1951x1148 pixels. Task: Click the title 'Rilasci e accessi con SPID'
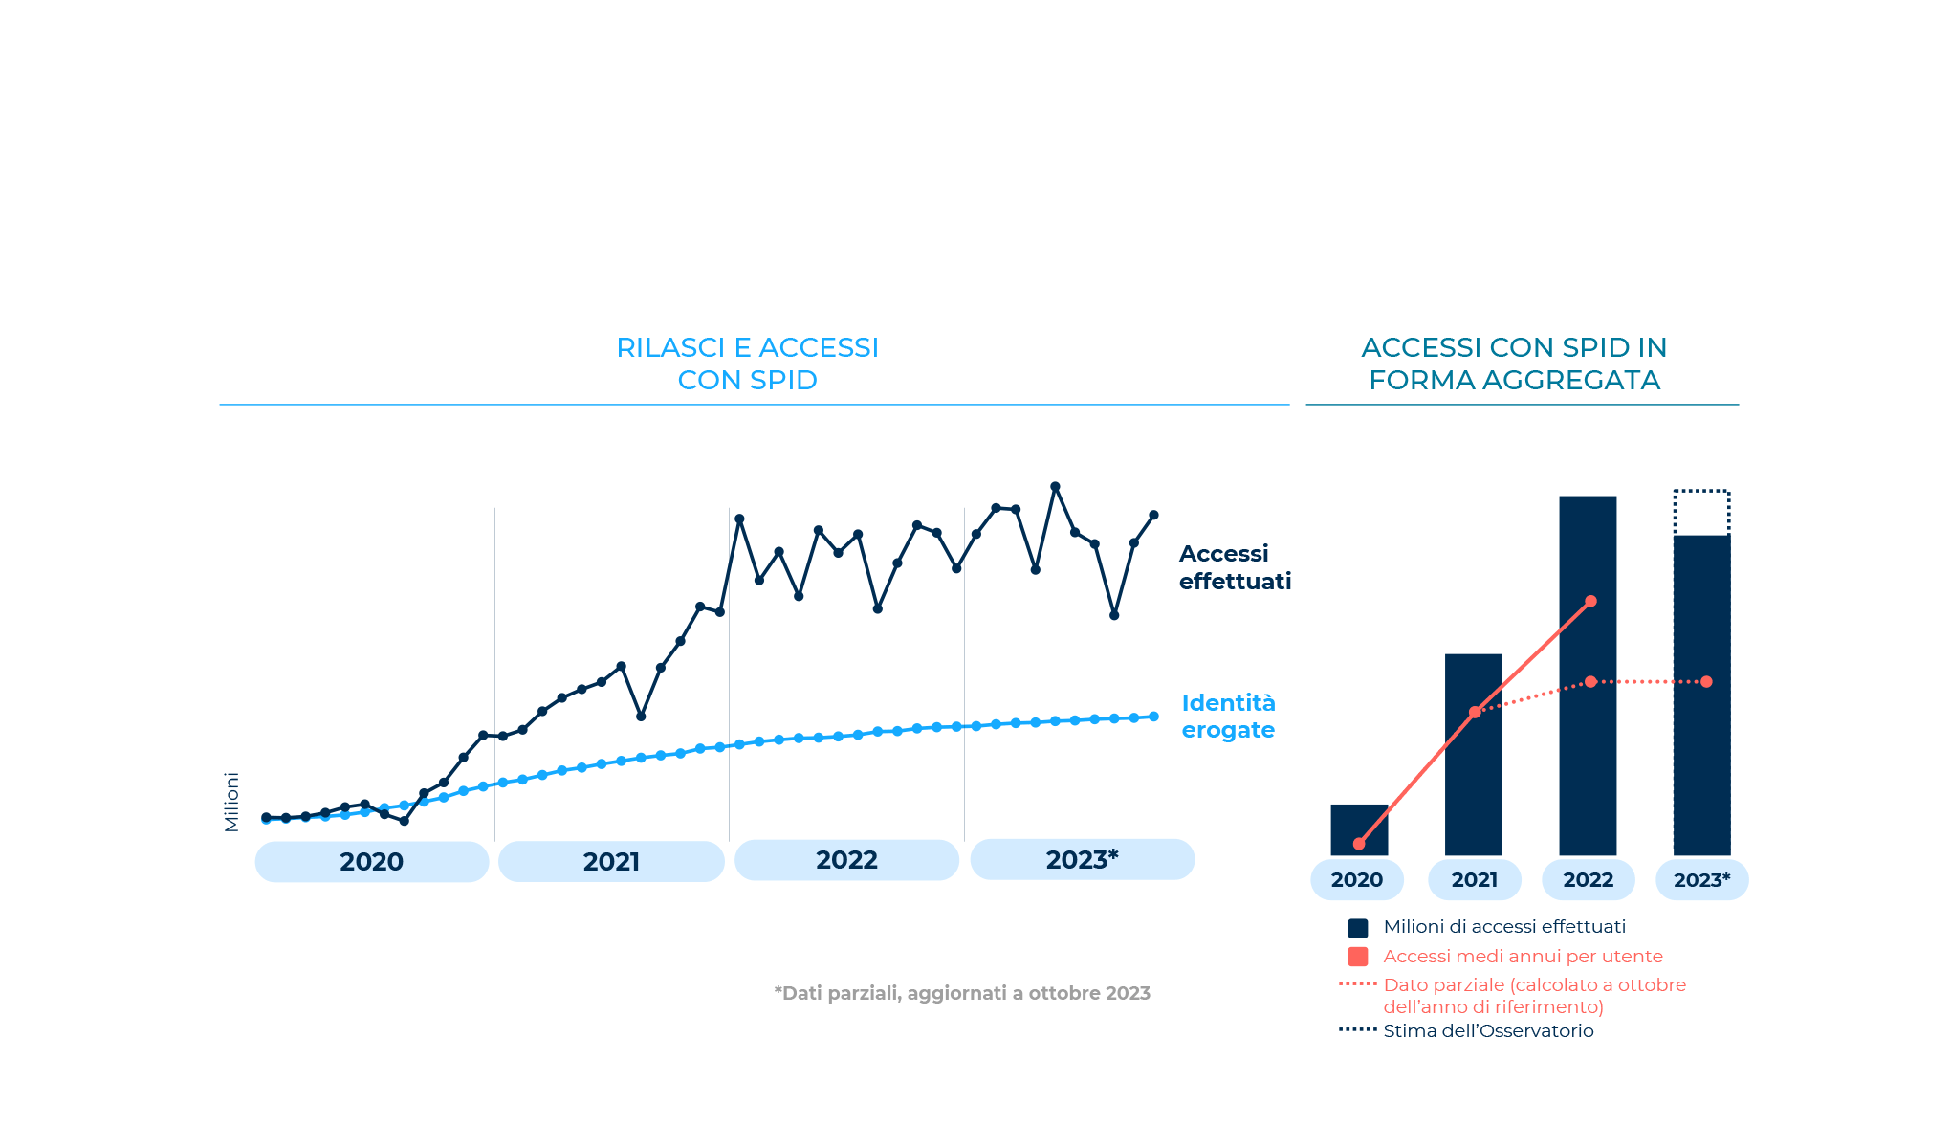tap(747, 364)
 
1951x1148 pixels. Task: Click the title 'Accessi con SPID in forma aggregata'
tap(1514, 364)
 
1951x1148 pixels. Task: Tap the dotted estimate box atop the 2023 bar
tap(1701, 513)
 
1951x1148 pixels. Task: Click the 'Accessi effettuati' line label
tap(1234, 567)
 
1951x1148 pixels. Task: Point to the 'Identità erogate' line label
tap(1228, 717)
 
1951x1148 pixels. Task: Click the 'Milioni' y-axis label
tap(231, 802)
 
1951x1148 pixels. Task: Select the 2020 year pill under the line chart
tap(372, 862)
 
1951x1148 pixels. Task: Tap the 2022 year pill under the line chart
tap(846, 860)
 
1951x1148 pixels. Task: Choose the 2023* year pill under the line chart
tap(1082, 859)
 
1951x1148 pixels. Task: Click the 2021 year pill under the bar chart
tap(1474, 880)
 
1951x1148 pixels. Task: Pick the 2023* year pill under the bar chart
tap(1701, 880)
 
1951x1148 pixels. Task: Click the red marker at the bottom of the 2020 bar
tap(1359, 844)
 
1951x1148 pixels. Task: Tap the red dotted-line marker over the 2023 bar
tap(1707, 682)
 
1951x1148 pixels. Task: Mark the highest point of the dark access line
tap(1056, 487)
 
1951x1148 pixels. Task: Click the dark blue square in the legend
tap(1358, 928)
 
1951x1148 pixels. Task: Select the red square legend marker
tap(1358, 957)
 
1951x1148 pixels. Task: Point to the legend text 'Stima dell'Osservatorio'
tap(1488, 1031)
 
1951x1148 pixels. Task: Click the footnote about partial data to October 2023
tap(961, 993)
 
